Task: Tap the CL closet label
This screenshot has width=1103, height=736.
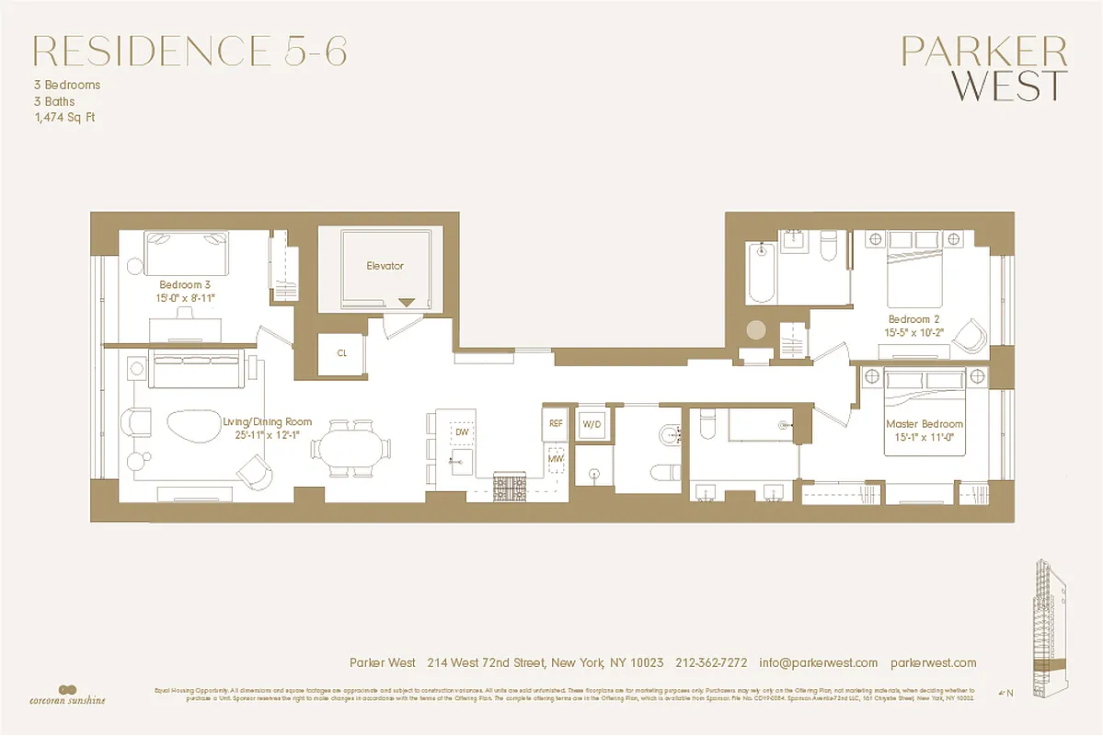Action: [342, 352]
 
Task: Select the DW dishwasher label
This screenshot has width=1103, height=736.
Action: [462, 431]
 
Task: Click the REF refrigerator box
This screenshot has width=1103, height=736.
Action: [556, 423]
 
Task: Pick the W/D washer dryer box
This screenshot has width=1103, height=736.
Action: [592, 424]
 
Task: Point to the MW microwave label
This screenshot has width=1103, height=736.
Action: [556, 457]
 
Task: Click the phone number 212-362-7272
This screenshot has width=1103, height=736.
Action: [712, 662]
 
